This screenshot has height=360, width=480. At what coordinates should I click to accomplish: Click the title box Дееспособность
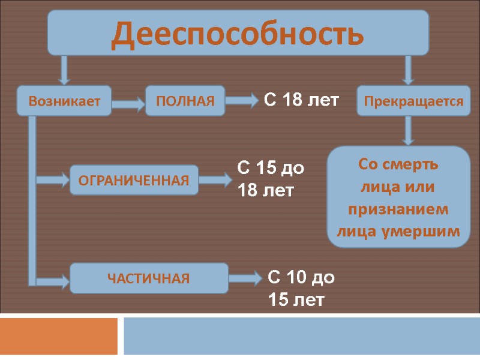238,32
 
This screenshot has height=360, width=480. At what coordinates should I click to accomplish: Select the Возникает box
64,101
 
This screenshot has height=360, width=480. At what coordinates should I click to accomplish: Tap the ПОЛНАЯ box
185,100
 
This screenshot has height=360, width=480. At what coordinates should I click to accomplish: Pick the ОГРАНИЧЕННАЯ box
134,180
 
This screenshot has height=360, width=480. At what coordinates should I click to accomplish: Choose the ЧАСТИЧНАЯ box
149,278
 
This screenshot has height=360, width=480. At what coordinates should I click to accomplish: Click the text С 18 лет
302,100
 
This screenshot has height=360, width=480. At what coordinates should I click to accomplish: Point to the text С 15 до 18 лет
271,179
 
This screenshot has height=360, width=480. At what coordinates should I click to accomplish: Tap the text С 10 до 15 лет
301,288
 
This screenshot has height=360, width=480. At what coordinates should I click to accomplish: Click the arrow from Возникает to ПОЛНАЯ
128,104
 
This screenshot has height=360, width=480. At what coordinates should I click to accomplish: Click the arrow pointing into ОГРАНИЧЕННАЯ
54,179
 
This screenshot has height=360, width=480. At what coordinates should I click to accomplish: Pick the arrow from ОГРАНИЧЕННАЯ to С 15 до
215,179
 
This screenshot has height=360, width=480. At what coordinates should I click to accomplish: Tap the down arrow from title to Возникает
64,70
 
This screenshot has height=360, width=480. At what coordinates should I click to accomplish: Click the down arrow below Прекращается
409,130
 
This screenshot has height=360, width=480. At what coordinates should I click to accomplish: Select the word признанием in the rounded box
398,209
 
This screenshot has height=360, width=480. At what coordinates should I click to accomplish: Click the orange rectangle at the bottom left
59,336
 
